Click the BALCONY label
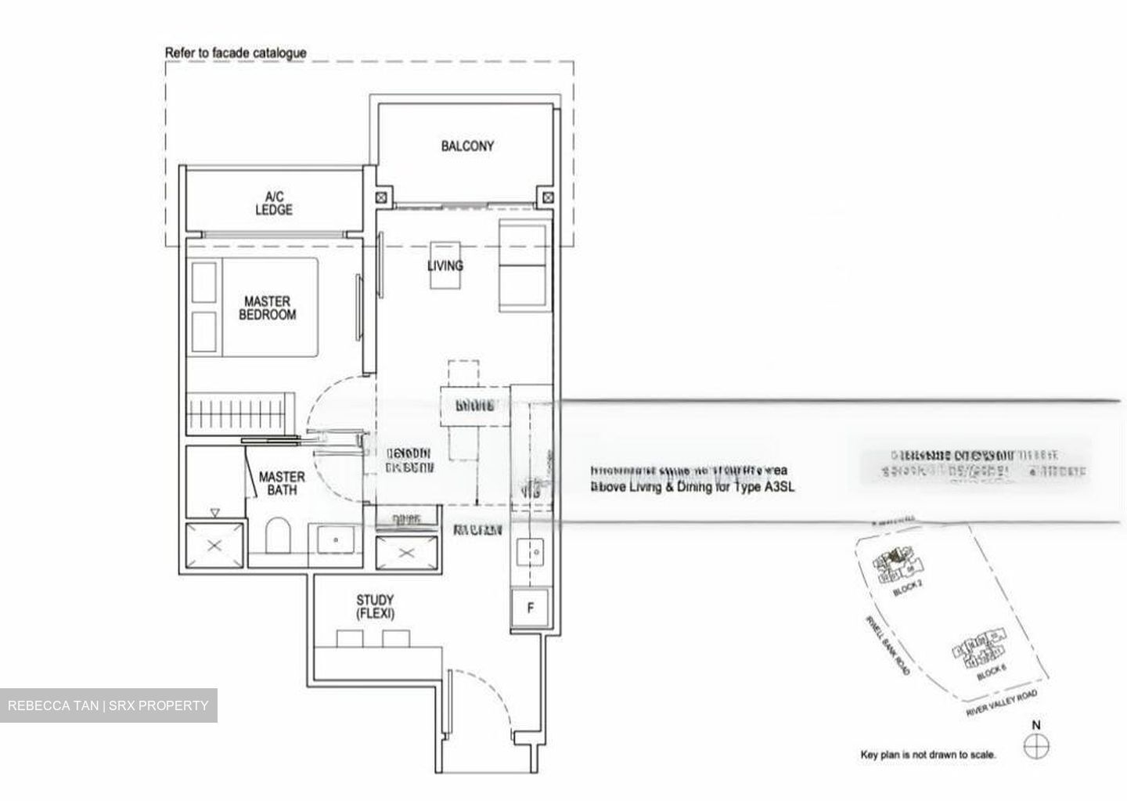(467, 146)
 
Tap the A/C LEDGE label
(273, 204)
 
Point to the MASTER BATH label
(282, 483)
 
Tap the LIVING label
(445, 266)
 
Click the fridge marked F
(531, 608)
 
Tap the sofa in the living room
(523, 266)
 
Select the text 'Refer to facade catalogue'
(236, 53)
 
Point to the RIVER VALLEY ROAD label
(1003, 703)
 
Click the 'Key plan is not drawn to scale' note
(928, 756)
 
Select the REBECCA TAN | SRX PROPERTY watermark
(109, 705)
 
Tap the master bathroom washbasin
(335, 539)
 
